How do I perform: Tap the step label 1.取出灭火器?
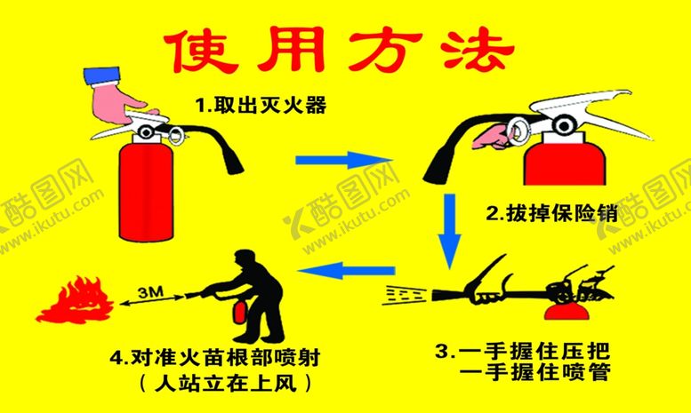pos(261,106)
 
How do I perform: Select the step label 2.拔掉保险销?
pos(551,212)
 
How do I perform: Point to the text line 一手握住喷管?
pos(535,372)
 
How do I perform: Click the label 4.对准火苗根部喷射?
pos(215,358)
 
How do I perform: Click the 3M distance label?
pos(150,292)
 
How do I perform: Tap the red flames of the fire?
pos(75,302)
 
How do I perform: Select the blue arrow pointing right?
pos(343,159)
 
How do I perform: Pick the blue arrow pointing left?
pos(346,270)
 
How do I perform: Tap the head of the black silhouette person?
pos(245,259)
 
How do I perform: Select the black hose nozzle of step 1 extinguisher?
pos(233,162)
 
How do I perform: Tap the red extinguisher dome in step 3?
pos(566,311)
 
